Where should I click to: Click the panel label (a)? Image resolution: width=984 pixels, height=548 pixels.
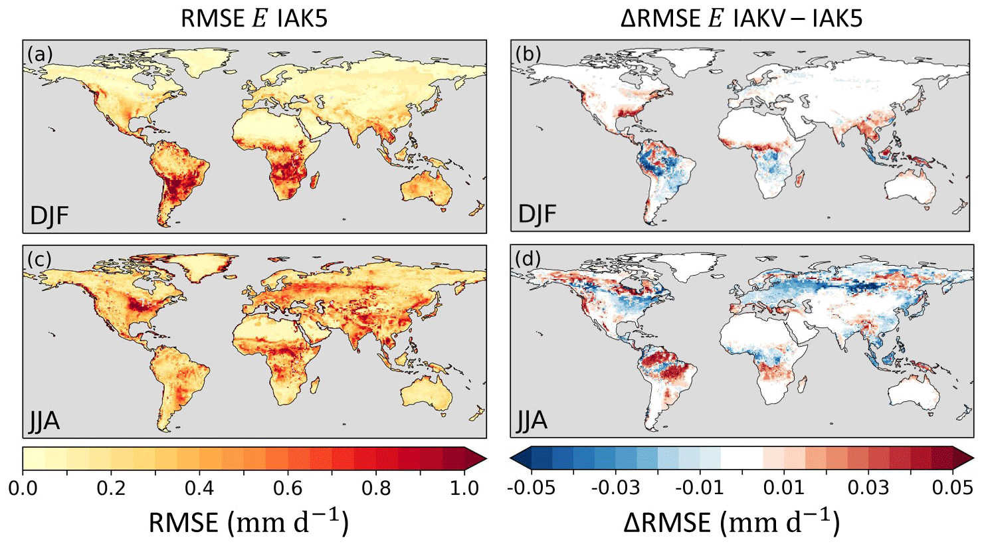(x=39, y=53)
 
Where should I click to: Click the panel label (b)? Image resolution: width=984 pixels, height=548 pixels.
(x=528, y=53)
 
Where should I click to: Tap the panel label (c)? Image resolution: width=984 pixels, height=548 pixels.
(x=39, y=258)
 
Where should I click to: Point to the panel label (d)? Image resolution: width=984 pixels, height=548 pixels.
(x=528, y=258)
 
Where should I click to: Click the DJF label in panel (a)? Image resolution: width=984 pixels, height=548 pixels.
(x=50, y=216)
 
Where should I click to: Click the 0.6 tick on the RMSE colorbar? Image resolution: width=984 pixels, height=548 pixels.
(x=288, y=488)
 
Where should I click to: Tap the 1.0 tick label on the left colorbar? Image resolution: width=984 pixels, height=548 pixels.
(x=464, y=488)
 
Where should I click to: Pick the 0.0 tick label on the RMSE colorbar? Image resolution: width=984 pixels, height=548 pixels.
(x=23, y=488)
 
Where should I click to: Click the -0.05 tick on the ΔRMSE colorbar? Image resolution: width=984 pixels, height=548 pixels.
(x=531, y=488)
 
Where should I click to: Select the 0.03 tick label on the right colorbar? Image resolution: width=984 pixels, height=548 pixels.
(x=868, y=488)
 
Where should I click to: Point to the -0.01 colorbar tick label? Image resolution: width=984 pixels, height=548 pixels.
(x=698, y=488)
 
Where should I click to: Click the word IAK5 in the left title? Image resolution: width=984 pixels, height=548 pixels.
(x=298, y=19)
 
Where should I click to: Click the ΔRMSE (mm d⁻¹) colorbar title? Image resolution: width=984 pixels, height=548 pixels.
(x=732, y=523)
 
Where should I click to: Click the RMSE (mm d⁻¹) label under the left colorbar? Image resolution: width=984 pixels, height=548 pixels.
(x=248, y=523)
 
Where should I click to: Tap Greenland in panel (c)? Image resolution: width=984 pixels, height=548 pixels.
(x=199, y=266)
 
